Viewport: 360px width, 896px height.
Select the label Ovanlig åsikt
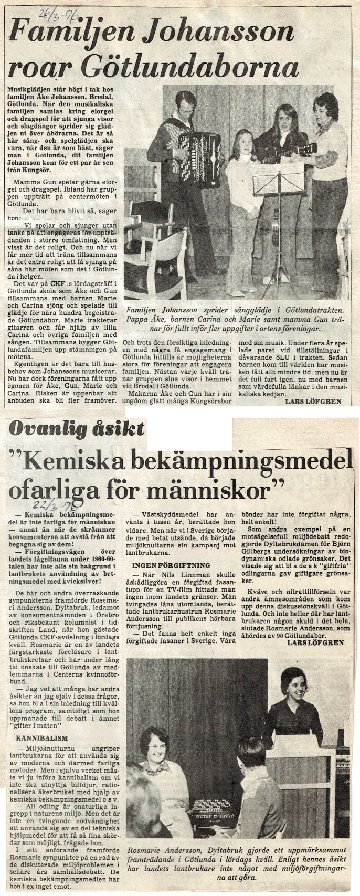tap(77, 429)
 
